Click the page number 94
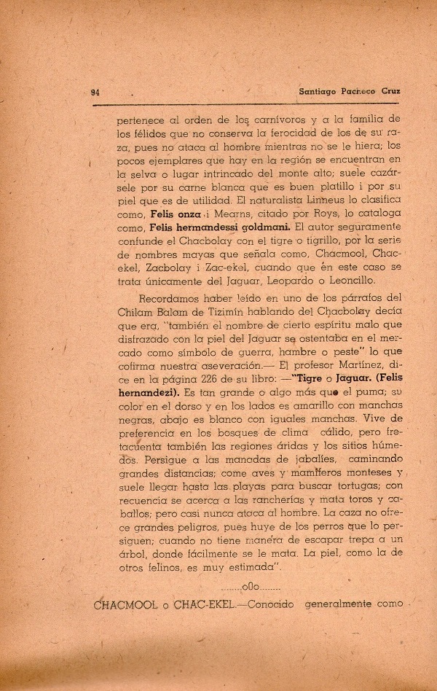[x=94, y=93]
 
